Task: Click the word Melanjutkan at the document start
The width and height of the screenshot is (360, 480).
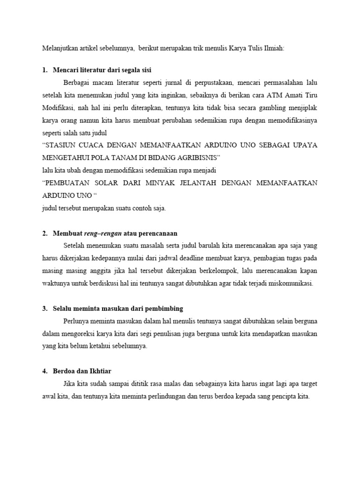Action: [58, 48]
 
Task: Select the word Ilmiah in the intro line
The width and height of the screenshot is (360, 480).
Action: [274, 48]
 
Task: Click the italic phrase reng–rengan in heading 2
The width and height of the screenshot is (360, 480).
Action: [103, 233]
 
